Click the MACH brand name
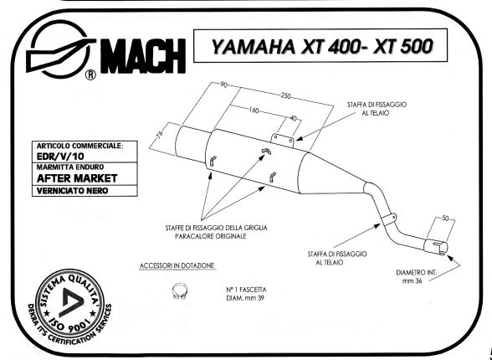[x=143, y=56]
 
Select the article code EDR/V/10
[x=60, y=157]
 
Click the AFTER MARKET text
[x=77, y=178]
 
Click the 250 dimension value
[x=285, y=95]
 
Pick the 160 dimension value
[x=254, y=111]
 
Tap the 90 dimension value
[x=223, y=85]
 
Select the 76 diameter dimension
[x=159, y=134]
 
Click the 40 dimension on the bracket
[x=293, y=118]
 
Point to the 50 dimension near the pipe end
[x=445, y=219]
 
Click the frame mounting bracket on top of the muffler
[x=283, y=141]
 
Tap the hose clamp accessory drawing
[x=180, y=291]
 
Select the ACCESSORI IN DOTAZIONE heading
[x=177, y=266]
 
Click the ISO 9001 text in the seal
[x=71, y=323]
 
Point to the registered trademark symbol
[x=90, y=75]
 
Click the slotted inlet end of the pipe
[x=437, y=246]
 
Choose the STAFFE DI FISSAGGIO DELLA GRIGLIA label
[x=217, y=228]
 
